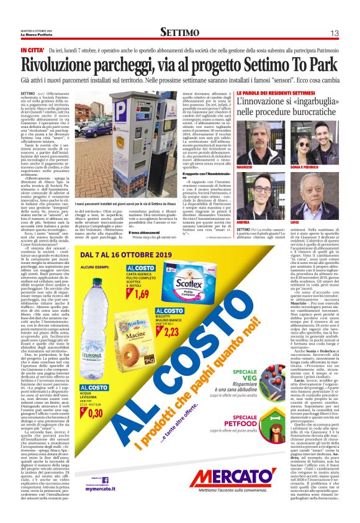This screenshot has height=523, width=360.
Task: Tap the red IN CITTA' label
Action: (x=32, y=49)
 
